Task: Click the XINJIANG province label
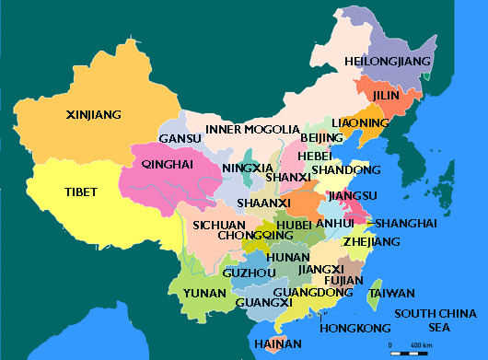(x=94, y=115)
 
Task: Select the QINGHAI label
(x=168, y=164)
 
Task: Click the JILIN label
(x=387, y=95)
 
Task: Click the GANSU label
(x=180, y=139)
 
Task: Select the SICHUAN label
(x=218, y=225)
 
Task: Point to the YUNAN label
(x=204, y=294)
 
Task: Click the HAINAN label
(x=275, y=344)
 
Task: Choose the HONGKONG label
(x=347, y=328)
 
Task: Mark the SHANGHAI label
(x=401, y=224)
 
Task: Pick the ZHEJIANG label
(x=371, y=242)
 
